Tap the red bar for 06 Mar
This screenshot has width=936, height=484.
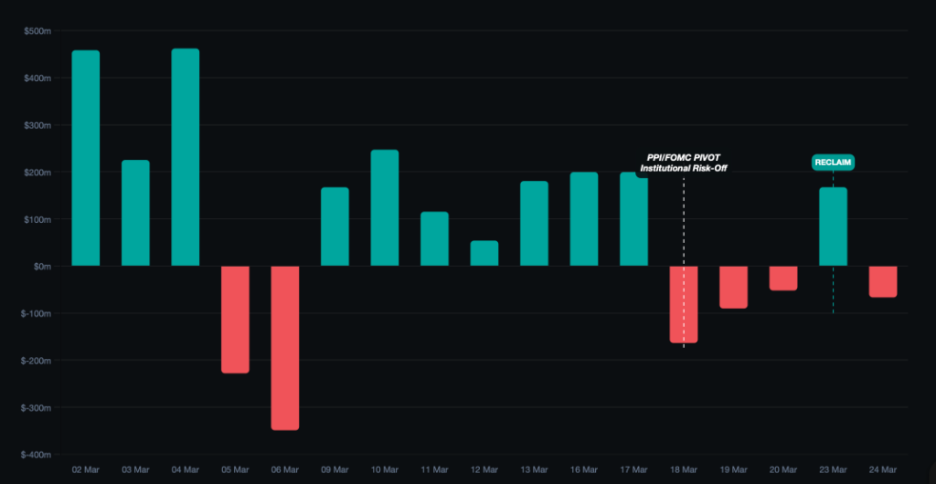[x=284, y=347]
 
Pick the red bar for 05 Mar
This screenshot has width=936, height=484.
[x=235, y=319]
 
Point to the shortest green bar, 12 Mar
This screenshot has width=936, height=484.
[x=484, y=253]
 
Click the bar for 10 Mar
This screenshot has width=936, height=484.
[x=385, y=208]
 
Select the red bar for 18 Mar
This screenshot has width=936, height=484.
[x=684, y=304]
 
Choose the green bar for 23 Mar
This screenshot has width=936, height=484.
[x=833, y=226]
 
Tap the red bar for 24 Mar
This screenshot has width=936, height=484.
[x=883, y=281]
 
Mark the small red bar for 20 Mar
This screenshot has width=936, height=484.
[x=783, y=278]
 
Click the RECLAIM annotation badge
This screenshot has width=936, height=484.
[x=833, y=162]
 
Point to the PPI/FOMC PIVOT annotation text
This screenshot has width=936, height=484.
[x=683, y=157]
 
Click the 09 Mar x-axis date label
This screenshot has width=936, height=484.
[x=335, y=470]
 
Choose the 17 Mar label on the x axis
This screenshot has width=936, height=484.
[x=633, y=470]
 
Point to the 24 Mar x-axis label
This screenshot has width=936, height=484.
[x=883, y=470]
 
